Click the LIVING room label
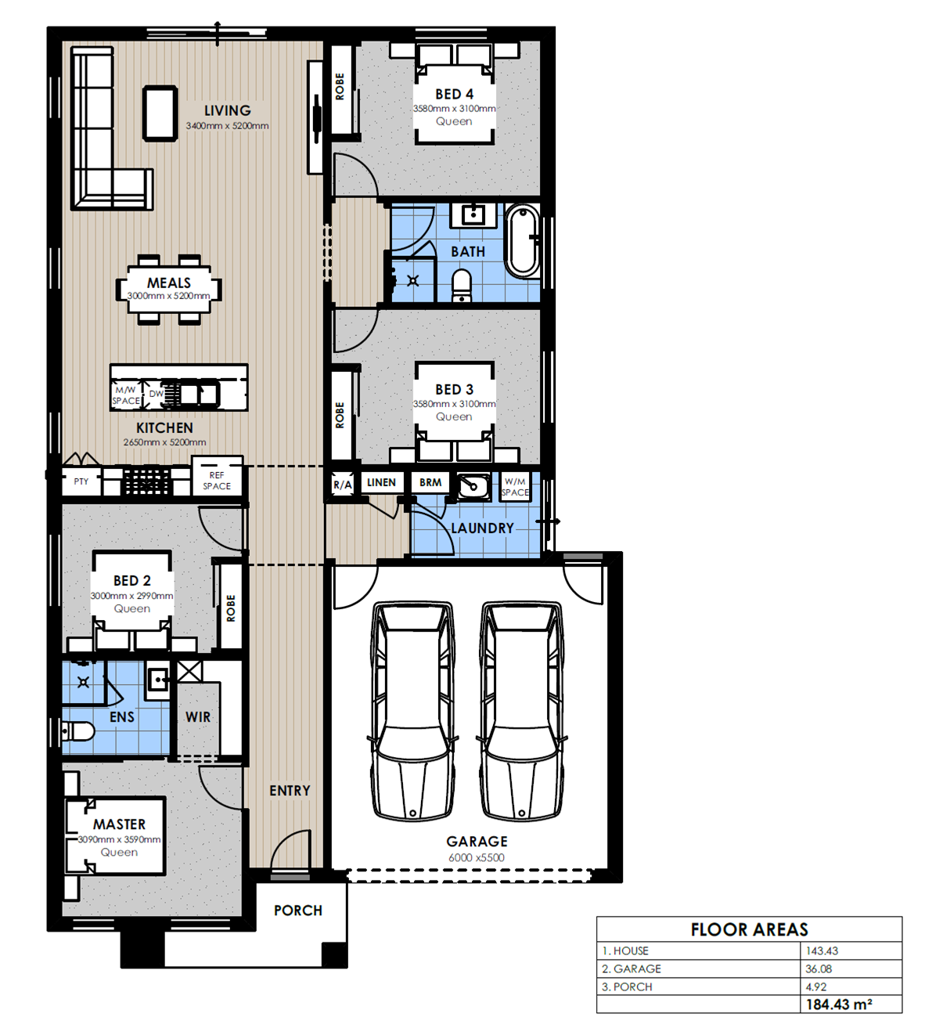228,110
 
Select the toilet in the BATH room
462,285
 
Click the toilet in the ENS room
77,731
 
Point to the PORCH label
298,910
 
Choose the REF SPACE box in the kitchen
217,481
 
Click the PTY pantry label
81,481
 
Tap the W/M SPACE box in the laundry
515,487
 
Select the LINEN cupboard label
381,482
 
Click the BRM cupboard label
430,482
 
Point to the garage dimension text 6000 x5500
477,857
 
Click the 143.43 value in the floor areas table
822,950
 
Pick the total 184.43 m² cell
839,1004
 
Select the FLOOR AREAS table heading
750,929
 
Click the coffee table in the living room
160,113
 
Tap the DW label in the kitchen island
157,394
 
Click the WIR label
198,717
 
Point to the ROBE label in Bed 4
340,86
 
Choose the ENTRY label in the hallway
290,791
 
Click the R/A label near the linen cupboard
343,485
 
